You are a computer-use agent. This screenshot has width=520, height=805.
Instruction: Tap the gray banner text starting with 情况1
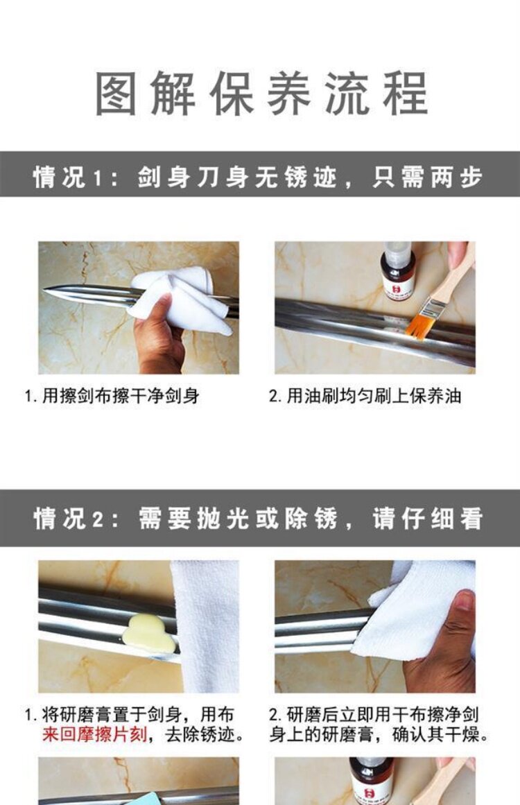coord(258,178)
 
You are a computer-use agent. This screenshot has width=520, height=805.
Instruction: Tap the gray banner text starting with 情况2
coord(258,518)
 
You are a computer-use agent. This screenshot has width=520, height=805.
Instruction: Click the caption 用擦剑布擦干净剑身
coord(112,396)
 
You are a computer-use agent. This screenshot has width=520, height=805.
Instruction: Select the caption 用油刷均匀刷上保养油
coord(365,396)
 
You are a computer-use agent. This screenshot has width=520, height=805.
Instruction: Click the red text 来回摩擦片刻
coord(94,734)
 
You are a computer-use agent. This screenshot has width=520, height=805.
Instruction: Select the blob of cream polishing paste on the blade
coord(149,634)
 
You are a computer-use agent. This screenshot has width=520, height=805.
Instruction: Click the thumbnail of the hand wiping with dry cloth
coord(374,626)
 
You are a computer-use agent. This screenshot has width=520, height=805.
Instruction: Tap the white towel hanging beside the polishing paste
coord(204,626)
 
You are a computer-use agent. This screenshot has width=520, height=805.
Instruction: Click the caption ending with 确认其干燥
coord(379,725)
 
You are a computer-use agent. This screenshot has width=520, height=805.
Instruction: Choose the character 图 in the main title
coord(116,93)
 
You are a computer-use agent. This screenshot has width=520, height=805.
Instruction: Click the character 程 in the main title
coord(406,93)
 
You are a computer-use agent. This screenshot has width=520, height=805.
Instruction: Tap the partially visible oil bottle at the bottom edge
coord(371,781)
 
